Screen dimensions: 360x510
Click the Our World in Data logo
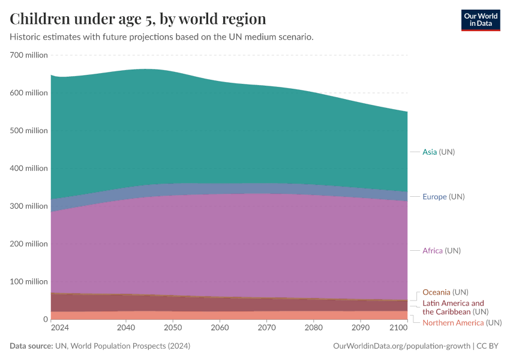pos(480,20)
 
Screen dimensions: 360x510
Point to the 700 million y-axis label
pos(28,55)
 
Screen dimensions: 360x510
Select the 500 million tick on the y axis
pos(28,131)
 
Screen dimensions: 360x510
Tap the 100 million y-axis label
pos(28,281)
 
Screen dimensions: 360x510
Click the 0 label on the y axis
pos(44,319)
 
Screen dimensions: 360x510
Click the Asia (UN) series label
pos(439,152)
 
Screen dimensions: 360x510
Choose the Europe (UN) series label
pos(443,197)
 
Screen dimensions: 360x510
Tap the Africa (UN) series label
pos(442,250)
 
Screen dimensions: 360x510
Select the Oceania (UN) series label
pos(445,292)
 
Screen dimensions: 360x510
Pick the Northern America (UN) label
pos(461,323)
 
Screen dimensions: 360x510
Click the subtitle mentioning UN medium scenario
pos(161,37)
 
